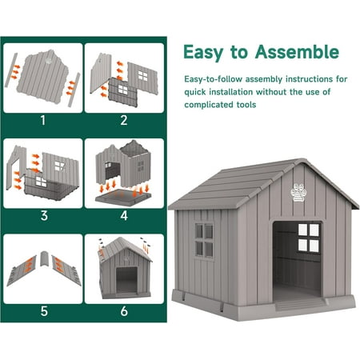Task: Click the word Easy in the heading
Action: click(203, 53)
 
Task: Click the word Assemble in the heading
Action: click(297, 52)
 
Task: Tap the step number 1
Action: click(43, 120)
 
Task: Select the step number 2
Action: click(124, 120)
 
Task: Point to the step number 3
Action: click(44, 215)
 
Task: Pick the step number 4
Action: click(124, 215)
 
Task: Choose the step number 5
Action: click(44, 311)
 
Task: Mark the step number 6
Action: click(124, 311)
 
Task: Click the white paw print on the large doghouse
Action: click(298, 192)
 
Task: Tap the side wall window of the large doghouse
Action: click(204, 241)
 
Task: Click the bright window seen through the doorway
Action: click(309, 238)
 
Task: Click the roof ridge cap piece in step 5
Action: click(45, 258)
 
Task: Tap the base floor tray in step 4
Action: click(123, 198)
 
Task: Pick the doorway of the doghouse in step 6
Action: click(126, 280)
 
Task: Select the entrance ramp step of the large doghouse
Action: click(300, 304)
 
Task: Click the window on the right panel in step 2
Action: click(143, 76)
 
